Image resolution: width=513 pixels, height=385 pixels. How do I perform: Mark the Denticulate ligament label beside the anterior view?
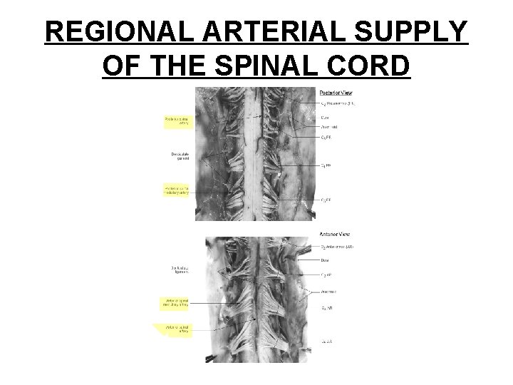(179, 271)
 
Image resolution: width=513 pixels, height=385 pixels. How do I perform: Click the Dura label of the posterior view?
(325, 118)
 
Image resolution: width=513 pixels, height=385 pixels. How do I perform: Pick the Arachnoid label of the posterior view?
(329, 126)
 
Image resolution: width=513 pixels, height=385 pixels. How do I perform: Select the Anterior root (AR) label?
(338, 247)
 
